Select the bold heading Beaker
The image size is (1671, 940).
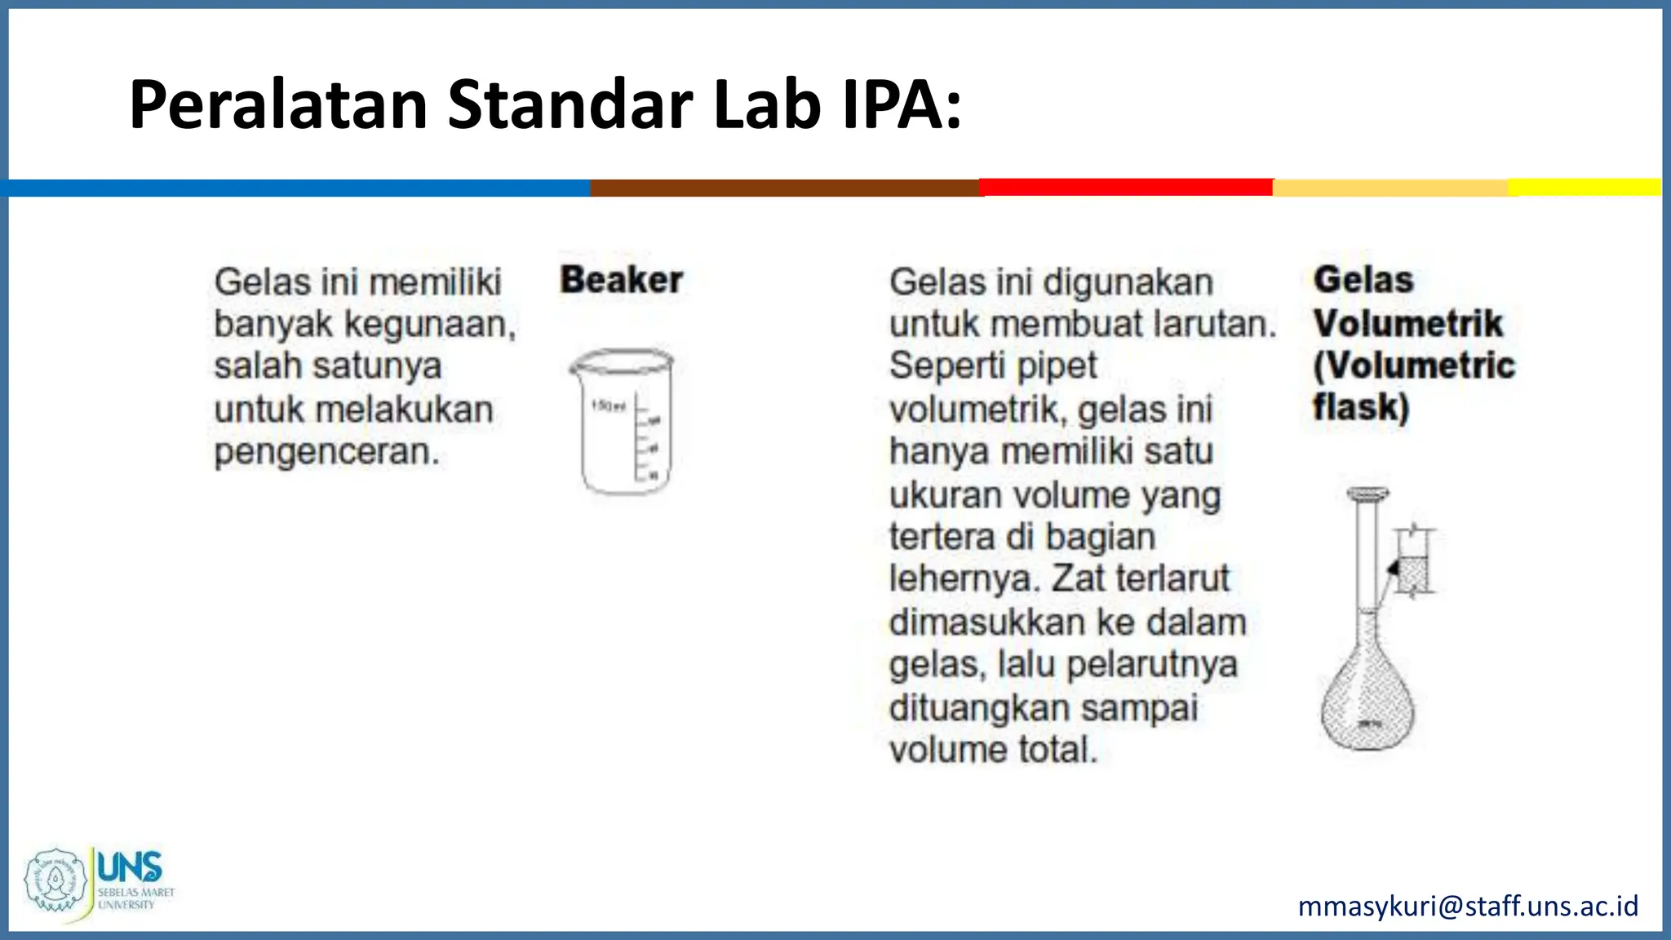621,280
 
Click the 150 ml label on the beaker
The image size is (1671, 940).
609,406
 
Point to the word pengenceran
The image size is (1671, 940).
326,451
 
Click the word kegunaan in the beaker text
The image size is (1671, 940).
429,324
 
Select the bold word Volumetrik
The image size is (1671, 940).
1407,323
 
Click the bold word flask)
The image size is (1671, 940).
1361,406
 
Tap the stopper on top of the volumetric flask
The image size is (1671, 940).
1367,494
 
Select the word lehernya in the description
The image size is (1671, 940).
964,579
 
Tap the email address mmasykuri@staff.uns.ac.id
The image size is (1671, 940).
1468,906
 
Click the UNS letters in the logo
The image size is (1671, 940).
129,867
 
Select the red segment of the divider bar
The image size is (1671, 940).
1126,188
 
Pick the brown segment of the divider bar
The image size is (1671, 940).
784,188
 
